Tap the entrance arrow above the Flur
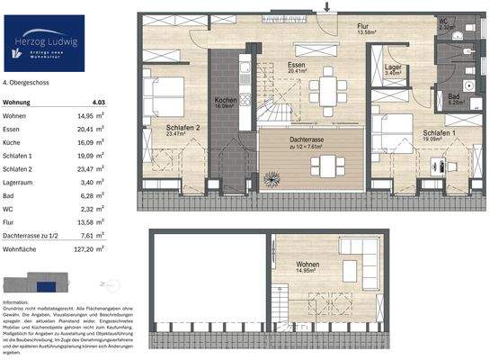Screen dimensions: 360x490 [x=327, y=7]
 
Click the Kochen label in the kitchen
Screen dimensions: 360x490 [x=224, y=101]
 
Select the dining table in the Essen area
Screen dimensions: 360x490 [x=332, y=87]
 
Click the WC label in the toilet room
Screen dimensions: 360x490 [x=443, y=22]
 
